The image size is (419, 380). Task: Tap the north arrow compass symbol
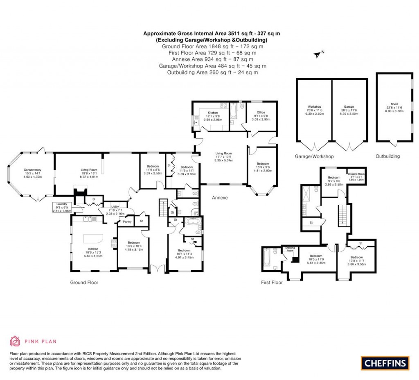point(316,54)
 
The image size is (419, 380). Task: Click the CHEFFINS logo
point(385,363)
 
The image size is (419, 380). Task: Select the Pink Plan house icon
point(15,341)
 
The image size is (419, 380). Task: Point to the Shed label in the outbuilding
point(394,107)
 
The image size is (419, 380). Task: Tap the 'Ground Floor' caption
point(84,283)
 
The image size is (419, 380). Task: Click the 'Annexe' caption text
point(220,198)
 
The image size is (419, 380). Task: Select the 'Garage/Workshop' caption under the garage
point(314,156)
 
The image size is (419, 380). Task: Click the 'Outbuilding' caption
point(387,156)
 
